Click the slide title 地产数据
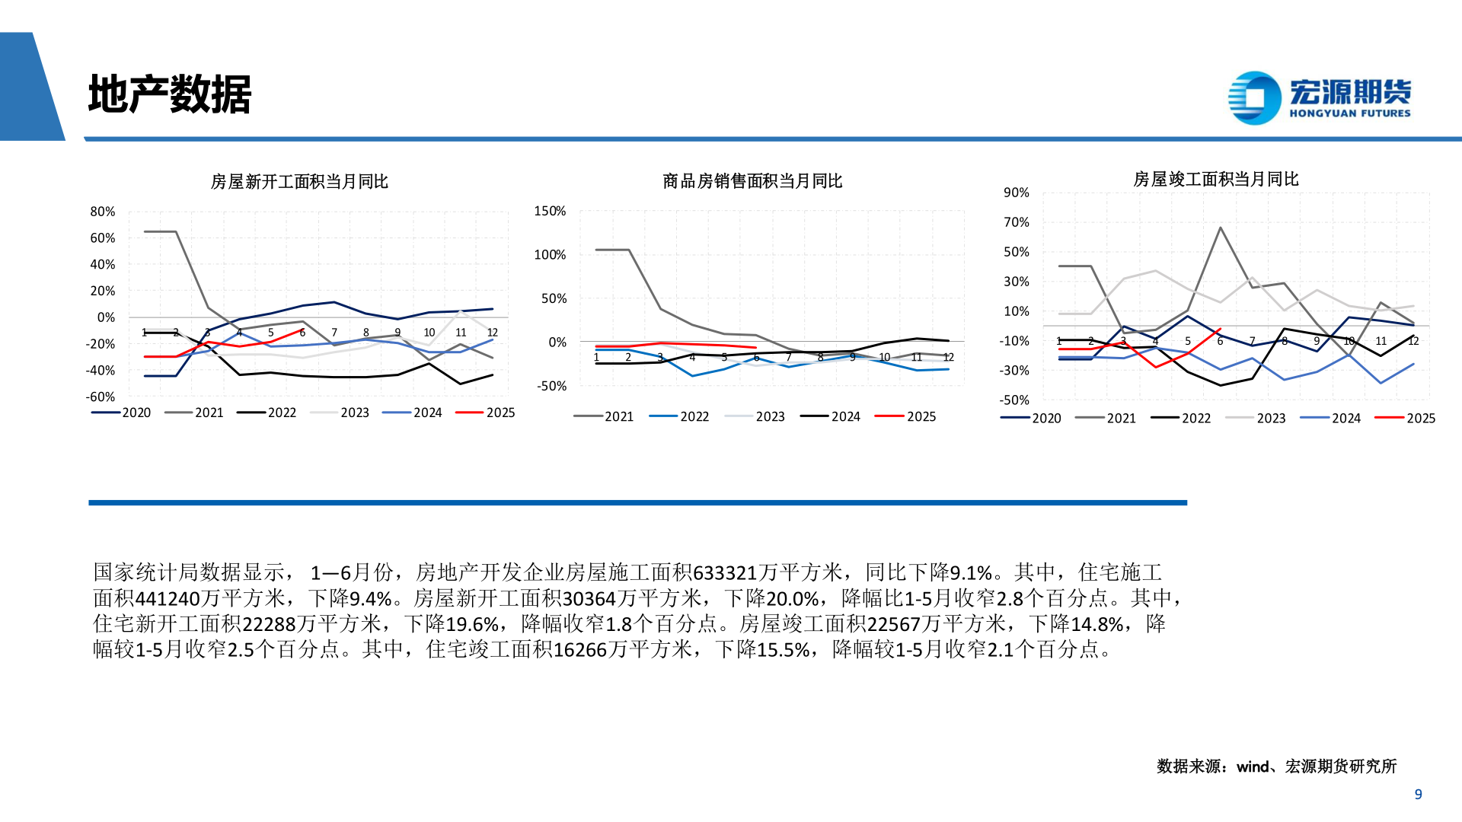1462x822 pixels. (x=169, y=94)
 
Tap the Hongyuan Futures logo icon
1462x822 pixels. (x=1254, y=97)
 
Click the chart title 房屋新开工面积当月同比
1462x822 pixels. (x=299, y=181)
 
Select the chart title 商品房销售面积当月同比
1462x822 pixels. (x=752, y=181)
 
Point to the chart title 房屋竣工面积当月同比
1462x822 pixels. (x=1215, y=179)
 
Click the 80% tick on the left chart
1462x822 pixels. (x=103, y=212)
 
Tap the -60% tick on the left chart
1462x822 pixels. (x=101, y=397)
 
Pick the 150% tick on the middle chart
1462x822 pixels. (x=550, y=211)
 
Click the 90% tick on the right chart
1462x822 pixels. (x=1017, y=193)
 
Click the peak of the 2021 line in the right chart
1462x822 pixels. (x=1220, y=228)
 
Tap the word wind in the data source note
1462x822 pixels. (x=1253, y=766)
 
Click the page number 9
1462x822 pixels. (x=1418, y=794)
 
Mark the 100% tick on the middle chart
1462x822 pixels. (x=550, y=255)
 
